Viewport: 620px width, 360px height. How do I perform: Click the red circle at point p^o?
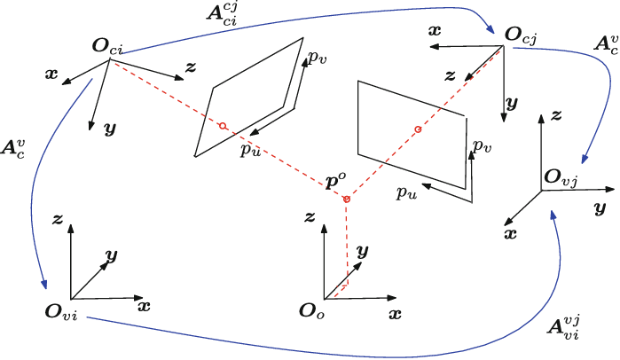click(347, 200)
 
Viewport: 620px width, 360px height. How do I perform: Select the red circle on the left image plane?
click(223, 125)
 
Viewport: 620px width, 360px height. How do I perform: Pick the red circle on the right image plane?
click(417, 131)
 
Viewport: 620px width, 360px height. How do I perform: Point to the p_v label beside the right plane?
click(482, 146)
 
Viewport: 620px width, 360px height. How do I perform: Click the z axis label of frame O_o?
click(310, 216)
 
